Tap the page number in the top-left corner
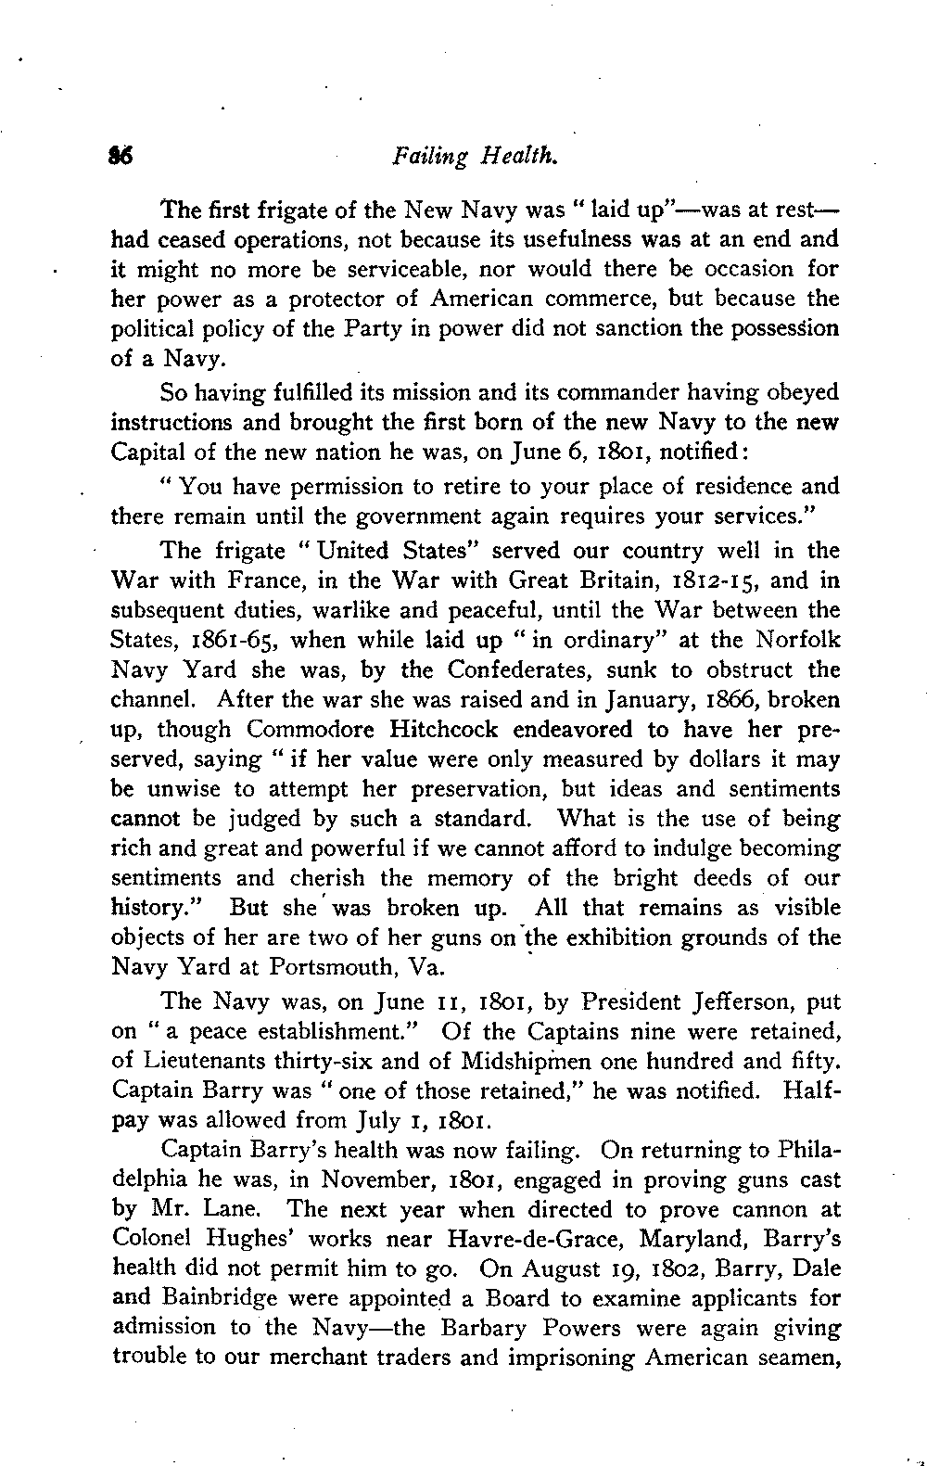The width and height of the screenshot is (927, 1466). (x=121, y=157)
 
